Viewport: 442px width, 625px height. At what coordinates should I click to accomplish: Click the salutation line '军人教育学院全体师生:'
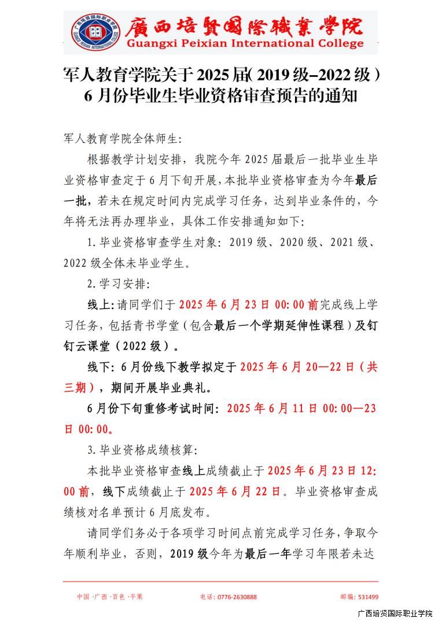[x=123, y=139]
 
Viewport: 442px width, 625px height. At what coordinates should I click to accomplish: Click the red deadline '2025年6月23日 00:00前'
[x=249, y=304]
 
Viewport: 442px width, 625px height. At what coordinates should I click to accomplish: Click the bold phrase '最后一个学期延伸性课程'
[x=283, y=325]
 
